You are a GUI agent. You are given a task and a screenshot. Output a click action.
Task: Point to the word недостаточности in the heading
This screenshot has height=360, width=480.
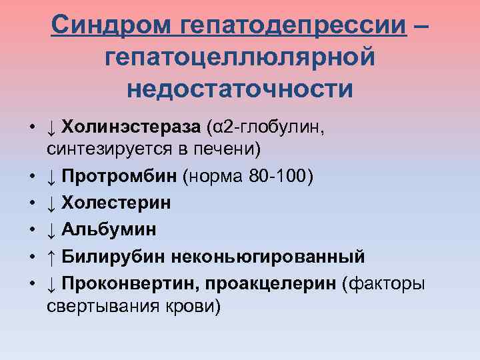240,88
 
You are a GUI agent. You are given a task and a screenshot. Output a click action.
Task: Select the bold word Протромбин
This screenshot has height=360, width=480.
121,177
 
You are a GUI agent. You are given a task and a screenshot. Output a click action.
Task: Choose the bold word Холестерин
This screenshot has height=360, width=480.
116,203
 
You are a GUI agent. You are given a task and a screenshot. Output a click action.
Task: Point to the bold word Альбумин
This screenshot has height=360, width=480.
109,229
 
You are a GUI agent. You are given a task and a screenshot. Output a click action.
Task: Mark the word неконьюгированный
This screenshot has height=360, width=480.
268,256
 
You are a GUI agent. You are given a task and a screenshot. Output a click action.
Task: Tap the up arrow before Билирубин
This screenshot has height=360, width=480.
51,256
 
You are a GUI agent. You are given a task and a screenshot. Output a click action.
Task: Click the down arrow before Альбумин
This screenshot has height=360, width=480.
51,229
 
